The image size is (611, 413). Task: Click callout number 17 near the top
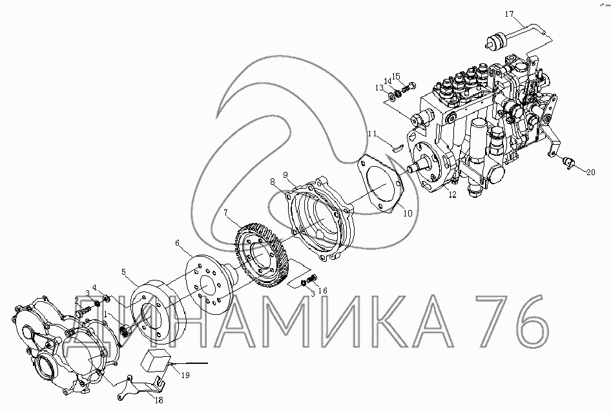coord(510,14)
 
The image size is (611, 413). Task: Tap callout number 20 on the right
coord(591,171)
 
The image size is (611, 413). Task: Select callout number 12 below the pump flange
coord(451,195)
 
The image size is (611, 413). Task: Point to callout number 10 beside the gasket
coord(408,213)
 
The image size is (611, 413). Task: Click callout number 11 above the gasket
coord(373,134)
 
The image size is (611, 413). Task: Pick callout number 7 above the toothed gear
coord(225,213)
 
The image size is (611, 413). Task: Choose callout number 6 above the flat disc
coord(177,244)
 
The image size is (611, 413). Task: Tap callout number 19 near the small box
coord(185,375)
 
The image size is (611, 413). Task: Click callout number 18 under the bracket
coord(159,399)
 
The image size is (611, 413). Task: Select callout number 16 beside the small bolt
coord(323,291)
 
